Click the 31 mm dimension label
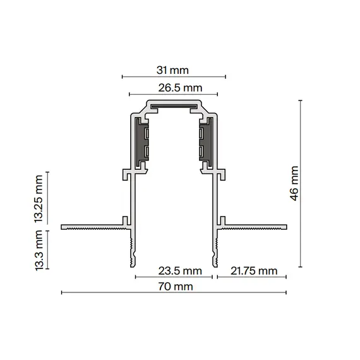(x=175, y=69)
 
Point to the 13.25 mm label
(x=40, y=199)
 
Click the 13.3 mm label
(x=40, y=249)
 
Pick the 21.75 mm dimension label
(x=253, y=271)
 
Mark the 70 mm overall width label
(x=175, y=287)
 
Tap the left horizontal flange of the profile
(x=92, y=226)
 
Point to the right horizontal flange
(x=256, y=226)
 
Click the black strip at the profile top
(x=173, y=107)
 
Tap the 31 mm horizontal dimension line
(x=174, y=77)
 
